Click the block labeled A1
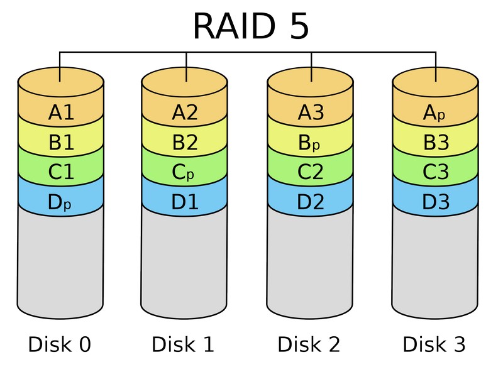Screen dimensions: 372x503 (x=61, y=113)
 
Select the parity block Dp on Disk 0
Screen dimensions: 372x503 (x=61, y=202)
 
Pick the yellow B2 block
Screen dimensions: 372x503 (x=185, y=143)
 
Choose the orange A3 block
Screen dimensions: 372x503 (x=310, y=113)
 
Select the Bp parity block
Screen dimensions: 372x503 (x=310, y=143)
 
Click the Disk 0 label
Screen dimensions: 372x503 (x=60, y=344)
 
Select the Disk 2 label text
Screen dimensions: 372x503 (x=309, y=344)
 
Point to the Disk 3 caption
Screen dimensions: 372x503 (x=434, y=344)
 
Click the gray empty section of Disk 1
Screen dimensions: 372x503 (x=185, y=264)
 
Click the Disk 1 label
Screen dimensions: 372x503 (x=183, y=344)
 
